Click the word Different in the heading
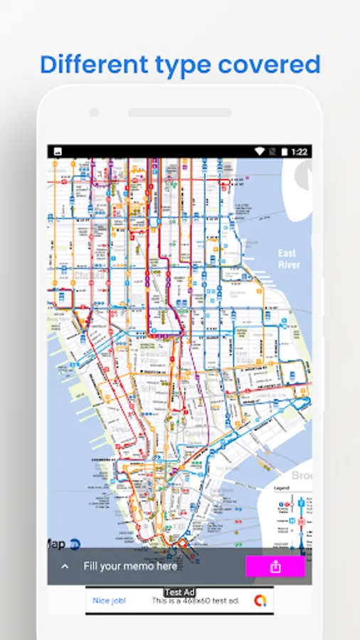(90, 64)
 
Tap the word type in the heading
(178, 65)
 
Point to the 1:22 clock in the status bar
(300, 151)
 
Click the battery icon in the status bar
(285, 151)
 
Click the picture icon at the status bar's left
(57, 151)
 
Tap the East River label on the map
(289, 259)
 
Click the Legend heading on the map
(282, 488)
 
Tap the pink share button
(275, 567)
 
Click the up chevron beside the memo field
(65, 567)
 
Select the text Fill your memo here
(130, 567)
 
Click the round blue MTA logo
(74, 545)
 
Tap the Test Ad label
(179, 592)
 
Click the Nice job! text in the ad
(110, 601)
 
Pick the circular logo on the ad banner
(261, 601)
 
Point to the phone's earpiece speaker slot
(179, 112)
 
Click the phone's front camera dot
(94, 112)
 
